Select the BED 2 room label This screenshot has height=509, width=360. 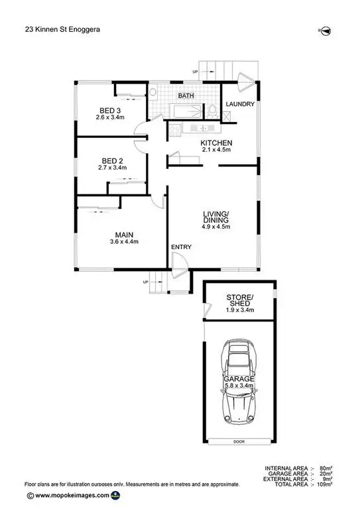(x=112, y=160)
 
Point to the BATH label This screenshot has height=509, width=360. (x=186, y=96)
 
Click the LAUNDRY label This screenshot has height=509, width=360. (x=240, y=105)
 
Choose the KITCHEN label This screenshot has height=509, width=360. (x=216, y=142)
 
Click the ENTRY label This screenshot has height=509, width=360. (x=181, y=247)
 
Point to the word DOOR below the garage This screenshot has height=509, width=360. (x=239, y=441)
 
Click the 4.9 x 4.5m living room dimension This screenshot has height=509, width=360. (x=216, y=227)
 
